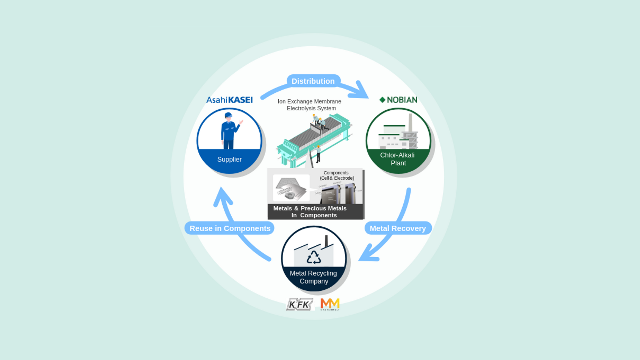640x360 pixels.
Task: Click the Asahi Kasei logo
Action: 229,100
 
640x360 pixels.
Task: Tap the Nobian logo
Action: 398,100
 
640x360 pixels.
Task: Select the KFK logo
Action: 299,304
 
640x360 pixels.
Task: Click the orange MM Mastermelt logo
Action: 330,304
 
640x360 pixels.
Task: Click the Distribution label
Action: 313,81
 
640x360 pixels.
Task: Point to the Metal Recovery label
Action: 398,228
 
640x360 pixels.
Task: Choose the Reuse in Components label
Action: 230,228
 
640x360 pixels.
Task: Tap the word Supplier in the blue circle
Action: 229,159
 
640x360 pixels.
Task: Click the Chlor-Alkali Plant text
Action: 398,159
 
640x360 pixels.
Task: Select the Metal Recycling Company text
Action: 313,277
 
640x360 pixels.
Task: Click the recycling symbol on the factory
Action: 314,257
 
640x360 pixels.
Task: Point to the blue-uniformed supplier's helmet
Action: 228,115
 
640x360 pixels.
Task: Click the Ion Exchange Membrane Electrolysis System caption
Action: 310,105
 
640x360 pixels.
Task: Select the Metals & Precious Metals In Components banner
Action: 310,212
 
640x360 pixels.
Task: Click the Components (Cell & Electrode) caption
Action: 337,175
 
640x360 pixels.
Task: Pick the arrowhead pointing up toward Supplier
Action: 222,195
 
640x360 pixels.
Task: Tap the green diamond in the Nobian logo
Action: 382,100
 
